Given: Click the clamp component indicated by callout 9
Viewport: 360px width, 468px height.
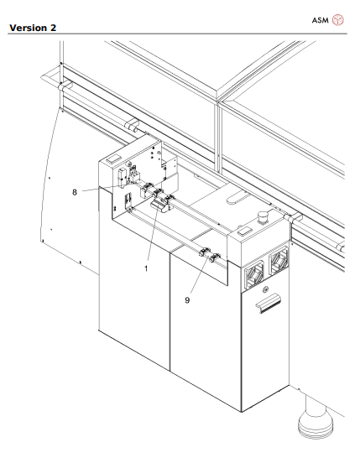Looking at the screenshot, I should [x=212, y=258].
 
